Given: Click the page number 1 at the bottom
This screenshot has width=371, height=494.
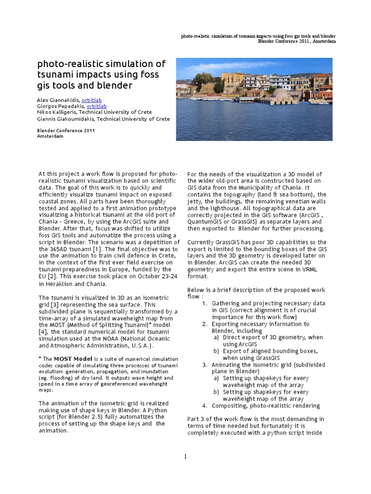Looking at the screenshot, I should [185, 457].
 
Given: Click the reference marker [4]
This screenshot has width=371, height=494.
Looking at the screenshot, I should [44, 332].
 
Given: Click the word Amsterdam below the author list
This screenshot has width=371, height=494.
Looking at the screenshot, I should [50, 137].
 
